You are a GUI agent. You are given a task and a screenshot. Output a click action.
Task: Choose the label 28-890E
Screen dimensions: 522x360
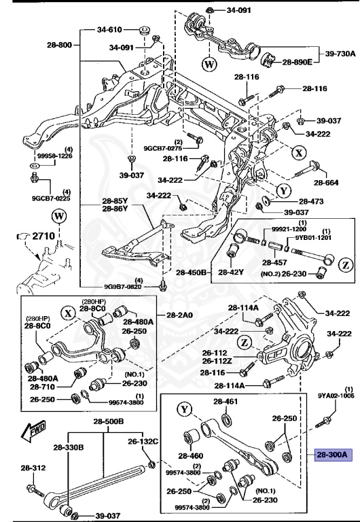pos(298,62)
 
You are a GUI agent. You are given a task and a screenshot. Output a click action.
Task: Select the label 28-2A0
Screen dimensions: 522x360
pos(180,315)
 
